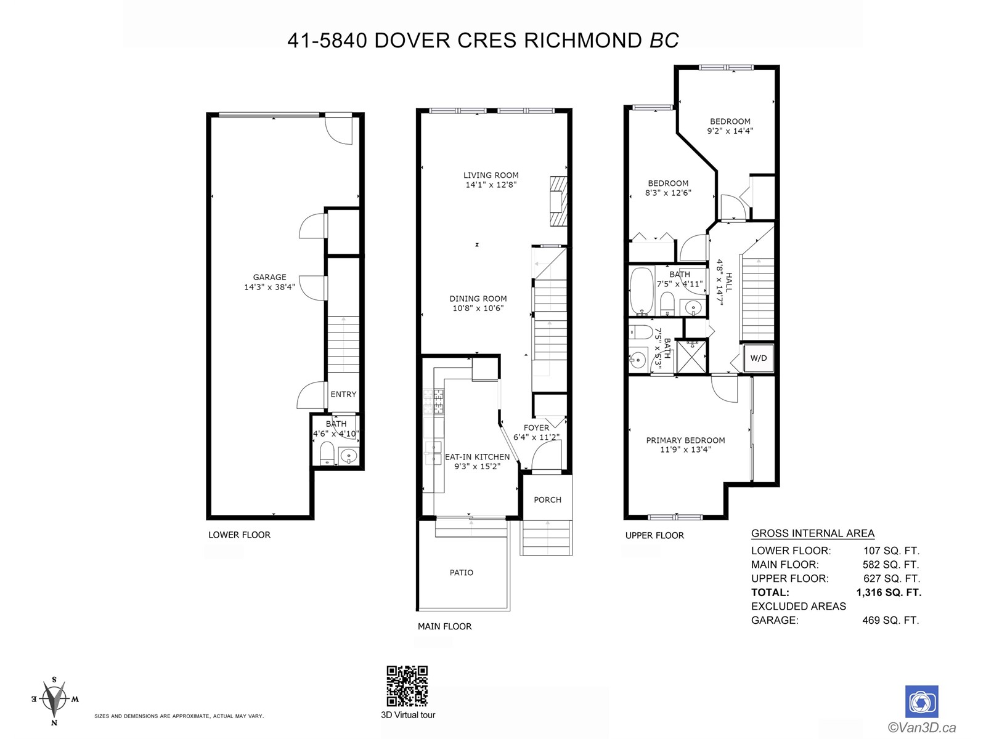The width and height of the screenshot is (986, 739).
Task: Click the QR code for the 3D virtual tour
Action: pos(407,685)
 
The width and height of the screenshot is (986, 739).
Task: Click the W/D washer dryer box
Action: pos(758,358)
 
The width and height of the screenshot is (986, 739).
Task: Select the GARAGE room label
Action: pos(269,277)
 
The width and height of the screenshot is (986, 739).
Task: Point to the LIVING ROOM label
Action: pos(491,176)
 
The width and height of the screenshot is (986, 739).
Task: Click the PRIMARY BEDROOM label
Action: pos(685,440)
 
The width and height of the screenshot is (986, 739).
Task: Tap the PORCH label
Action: pos(548,500)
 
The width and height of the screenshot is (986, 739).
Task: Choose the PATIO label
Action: pos(462,573)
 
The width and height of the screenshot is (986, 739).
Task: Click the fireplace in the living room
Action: pos(559,201)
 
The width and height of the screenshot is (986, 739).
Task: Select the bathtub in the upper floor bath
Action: pos(642,291)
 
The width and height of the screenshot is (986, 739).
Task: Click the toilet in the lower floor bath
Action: pos(327,454)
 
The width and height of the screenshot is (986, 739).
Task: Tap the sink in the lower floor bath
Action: pos(349,456)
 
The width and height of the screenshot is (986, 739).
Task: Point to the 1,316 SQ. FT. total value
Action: pos(889,592)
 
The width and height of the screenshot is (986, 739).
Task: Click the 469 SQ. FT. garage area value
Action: pos(890,620)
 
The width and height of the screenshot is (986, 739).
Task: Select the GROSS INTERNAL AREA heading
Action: pos(813,533)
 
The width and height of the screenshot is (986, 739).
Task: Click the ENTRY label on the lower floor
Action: pos(343,394)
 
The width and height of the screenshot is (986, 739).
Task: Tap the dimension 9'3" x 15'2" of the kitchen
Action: pos(477,466)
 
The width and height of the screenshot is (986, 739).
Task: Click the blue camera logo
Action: pos(922,701)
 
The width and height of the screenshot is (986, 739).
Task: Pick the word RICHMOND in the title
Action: pos(582,41)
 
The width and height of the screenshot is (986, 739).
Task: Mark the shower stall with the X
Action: pos(691,357)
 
